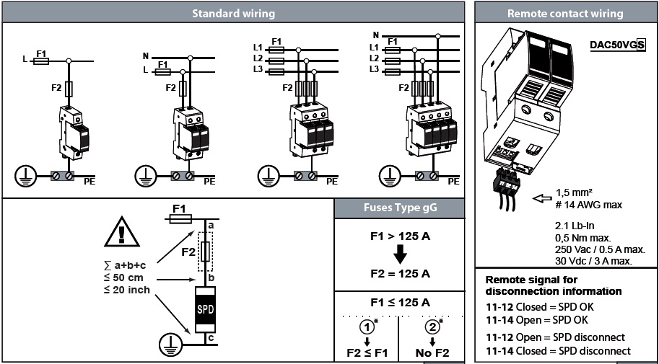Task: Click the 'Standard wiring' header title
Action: point(233,13)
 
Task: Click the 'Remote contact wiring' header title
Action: point(565,13)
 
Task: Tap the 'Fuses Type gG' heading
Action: point(398,209)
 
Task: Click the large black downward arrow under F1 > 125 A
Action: point(398,254)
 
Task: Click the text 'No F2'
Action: point(432,354)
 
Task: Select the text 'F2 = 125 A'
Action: point(398,274)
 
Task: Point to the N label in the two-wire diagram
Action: point(145,56)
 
